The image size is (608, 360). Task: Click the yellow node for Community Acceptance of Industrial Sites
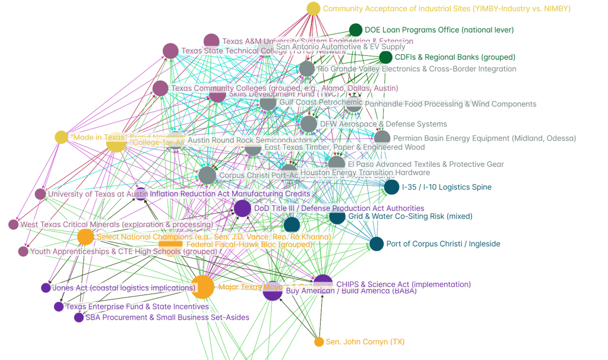313,8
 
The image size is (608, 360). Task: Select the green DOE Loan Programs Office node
356,30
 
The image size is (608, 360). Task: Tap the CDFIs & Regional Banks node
386,57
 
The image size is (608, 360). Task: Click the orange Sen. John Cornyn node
319,342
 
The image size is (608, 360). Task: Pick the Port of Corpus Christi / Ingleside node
376,244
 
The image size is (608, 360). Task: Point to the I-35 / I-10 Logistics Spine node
391,187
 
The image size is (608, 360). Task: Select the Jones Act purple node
46,288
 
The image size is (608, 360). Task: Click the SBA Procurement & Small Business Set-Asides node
79,318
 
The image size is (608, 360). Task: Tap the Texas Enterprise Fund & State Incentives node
59,307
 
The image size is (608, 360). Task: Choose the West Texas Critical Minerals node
14,225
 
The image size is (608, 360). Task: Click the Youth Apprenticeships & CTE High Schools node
23,251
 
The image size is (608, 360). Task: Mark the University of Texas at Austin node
40,194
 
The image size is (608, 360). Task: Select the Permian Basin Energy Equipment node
382,138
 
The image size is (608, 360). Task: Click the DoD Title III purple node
242,208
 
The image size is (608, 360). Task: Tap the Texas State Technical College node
170,51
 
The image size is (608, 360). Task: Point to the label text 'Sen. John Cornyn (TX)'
365,342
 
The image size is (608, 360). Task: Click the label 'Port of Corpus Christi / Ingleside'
443,244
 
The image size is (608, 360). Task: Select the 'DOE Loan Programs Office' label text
439,30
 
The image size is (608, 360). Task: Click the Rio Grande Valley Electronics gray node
307,69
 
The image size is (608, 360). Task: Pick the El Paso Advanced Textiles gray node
337,164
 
